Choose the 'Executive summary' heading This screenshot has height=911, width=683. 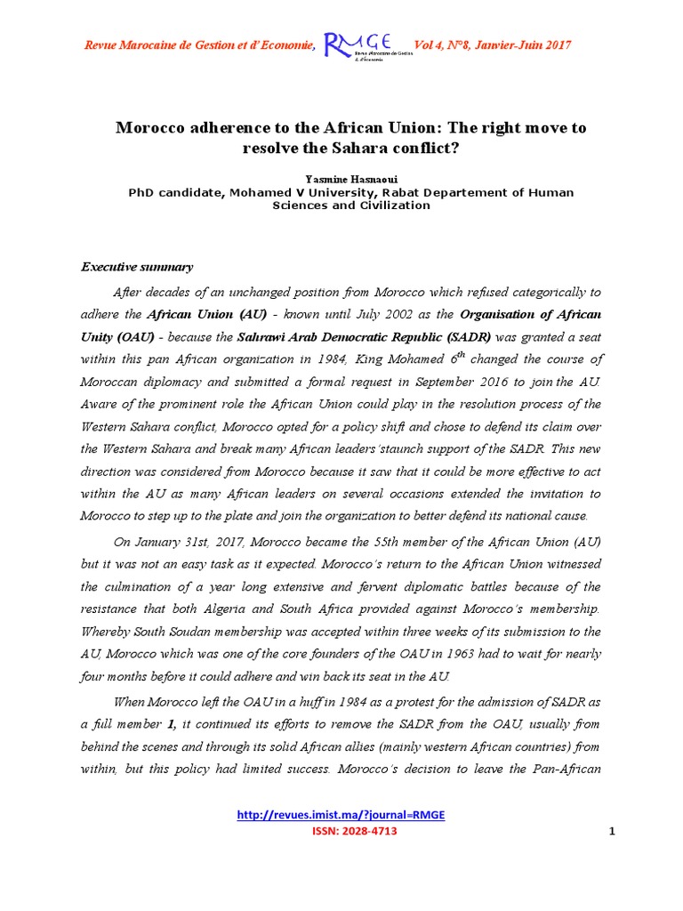tap(137, 267)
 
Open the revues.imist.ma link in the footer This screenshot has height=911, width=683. tap(341, 815)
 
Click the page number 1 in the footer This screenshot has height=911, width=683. tap(612, 831)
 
